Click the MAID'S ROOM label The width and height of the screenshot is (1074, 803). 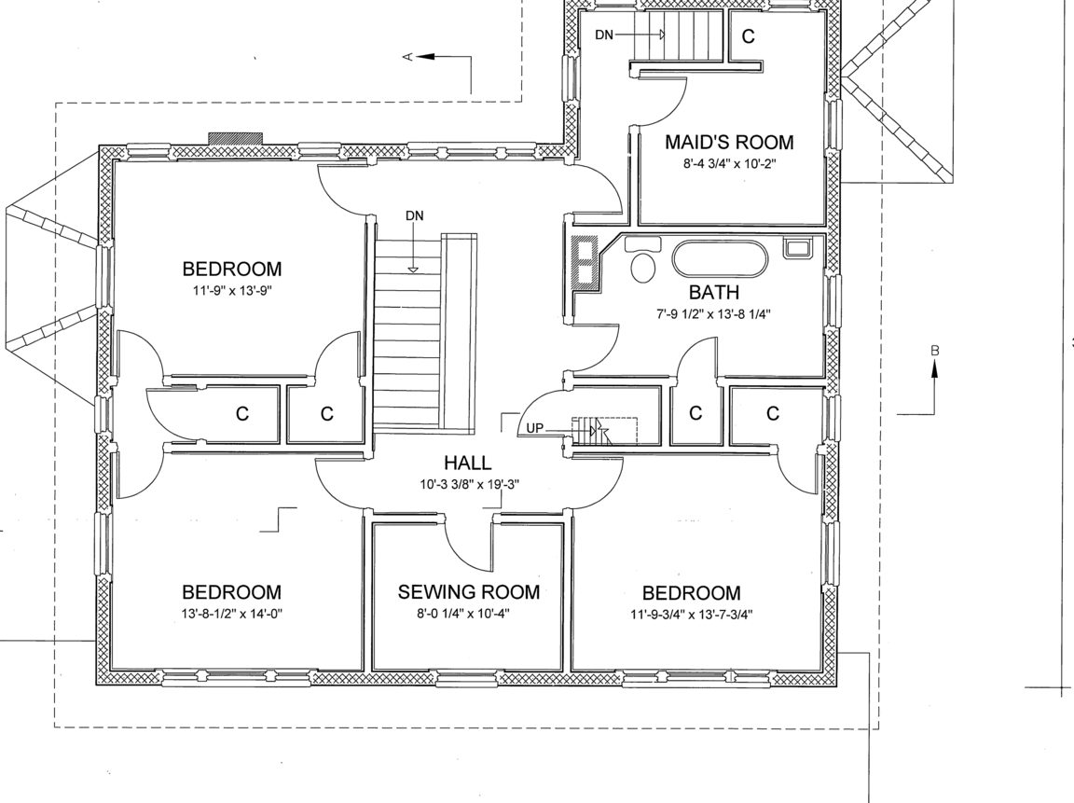click(729, 143)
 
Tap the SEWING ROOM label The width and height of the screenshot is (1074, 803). click(469, 592)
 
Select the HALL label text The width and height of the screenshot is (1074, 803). click(467, 464)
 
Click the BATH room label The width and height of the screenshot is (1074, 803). click(714, 293)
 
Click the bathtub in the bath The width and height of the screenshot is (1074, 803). click(721, 258)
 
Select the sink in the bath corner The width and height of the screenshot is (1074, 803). click(797, 247)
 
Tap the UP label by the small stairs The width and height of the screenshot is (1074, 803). click(535, 429)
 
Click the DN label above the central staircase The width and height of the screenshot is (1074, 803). click(414, 215)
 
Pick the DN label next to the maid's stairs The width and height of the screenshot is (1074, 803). click(604, 35)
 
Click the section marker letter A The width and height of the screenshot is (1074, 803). click(407, 57)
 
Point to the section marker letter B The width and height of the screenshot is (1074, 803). click(935, 351)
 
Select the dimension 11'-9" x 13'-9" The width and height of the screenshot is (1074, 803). click(232, 290)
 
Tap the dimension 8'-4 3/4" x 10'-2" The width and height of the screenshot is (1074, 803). click(729, 164)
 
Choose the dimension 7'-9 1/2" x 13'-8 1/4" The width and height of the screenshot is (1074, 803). click(714, 314)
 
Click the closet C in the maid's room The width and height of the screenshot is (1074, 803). click(748, 35)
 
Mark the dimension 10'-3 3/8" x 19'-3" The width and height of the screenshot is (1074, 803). click(470, 484)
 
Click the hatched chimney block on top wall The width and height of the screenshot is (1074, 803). click(236, 139)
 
